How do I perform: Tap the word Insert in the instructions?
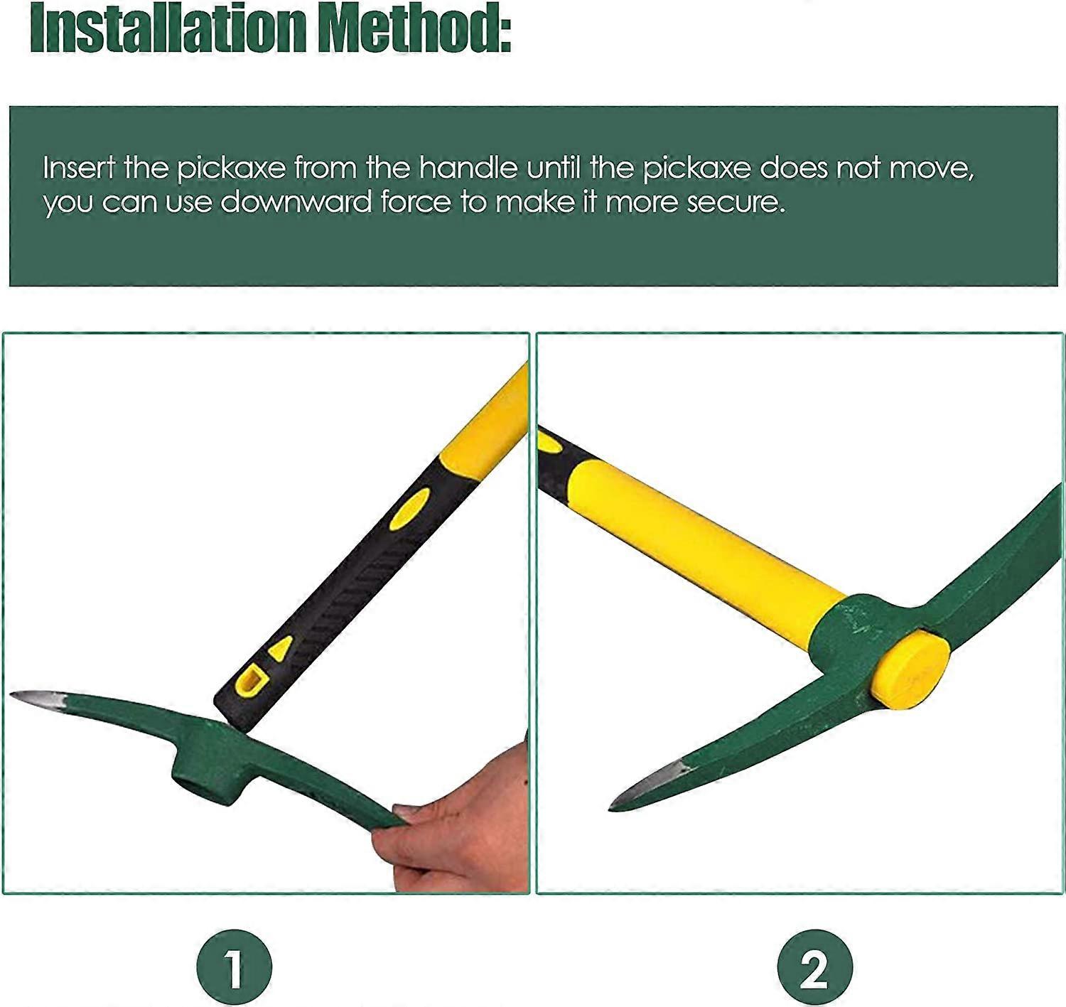click(78, 168)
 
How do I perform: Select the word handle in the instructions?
click(467, 168)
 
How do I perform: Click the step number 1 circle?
click(234, 967)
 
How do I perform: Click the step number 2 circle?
click(814, 967)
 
